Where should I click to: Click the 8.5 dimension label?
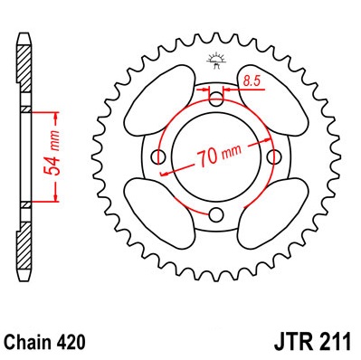coord(252,81)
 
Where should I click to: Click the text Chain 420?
coord(45,342)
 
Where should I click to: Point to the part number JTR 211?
coord(312,342)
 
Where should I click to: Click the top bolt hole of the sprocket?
coord(215,99)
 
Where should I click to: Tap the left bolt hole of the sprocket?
coord(158,156)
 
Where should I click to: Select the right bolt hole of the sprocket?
coord(275,156)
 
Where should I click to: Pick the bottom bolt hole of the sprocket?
coord(216,214)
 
